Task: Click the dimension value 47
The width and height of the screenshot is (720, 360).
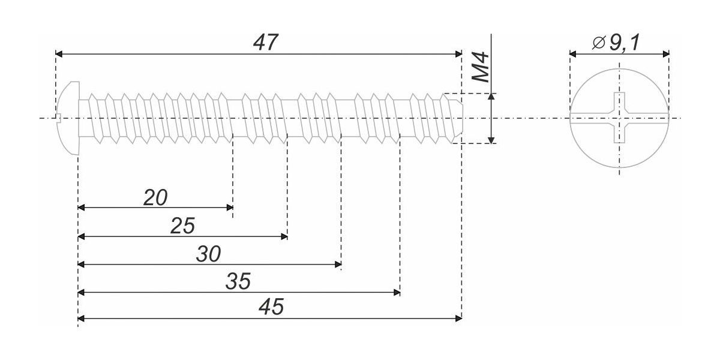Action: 265,43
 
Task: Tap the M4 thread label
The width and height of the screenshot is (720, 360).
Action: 481,67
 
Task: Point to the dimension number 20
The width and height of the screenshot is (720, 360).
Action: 155,197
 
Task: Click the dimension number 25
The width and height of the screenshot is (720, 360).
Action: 182,226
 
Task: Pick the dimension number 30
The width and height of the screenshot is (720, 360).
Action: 208,254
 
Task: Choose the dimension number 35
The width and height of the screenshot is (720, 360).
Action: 238,281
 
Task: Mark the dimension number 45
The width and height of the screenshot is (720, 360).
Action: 271,307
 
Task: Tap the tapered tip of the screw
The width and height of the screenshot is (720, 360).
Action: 457,118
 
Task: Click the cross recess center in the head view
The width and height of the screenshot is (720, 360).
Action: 619,118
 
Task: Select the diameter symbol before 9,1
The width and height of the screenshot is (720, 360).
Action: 599,43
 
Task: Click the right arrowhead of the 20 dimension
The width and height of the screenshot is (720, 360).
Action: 230,208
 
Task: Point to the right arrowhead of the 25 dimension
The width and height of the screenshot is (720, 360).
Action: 284,237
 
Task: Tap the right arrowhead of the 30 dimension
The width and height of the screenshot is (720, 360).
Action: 338,265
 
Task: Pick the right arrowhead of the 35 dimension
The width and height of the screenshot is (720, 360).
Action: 397,293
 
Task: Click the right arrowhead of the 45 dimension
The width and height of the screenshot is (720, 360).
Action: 458,319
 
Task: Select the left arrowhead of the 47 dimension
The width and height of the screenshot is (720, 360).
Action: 59,54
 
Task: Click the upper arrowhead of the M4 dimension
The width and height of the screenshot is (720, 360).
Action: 491,97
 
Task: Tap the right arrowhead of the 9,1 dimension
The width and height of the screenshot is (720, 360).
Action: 665,54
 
